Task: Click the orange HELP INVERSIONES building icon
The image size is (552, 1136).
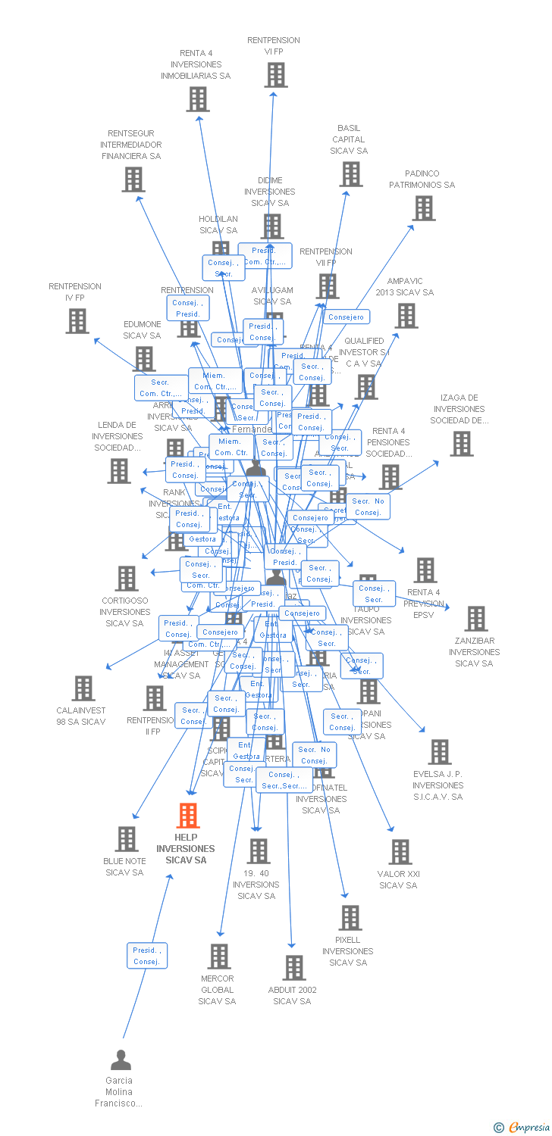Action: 187,816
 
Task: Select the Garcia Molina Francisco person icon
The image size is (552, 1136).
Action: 121,1060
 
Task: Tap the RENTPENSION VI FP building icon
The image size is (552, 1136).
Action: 277,75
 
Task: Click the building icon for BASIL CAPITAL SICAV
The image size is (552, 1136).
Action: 351,174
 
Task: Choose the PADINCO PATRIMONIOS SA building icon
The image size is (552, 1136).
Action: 424,208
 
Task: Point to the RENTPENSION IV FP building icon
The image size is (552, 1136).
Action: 77,321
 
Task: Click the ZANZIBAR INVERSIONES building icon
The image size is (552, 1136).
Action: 475,619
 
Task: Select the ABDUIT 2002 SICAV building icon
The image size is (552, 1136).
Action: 293,968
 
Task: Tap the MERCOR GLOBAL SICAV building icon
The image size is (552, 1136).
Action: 218,956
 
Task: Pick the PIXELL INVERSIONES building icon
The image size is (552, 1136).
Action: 350,918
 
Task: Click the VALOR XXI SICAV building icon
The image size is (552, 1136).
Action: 400,852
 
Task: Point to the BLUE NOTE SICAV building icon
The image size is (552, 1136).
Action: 126,839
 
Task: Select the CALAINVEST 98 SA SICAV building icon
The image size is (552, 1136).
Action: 83,688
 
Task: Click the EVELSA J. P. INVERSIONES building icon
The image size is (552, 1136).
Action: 439,752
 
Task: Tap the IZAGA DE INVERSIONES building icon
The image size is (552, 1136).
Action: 461,444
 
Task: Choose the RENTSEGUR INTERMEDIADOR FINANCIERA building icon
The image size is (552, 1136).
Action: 133,179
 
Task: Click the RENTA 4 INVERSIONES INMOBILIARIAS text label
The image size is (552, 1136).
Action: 196,64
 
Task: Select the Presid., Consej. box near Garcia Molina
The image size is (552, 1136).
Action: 146,956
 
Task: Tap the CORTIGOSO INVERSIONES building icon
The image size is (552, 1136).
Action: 126,579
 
